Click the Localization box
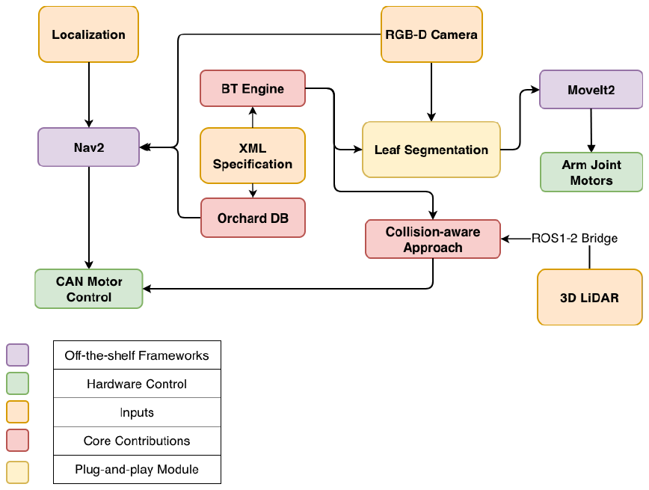pos(88,34)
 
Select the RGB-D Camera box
pos(431,34)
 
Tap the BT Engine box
pos(253,88)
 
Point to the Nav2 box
pos(88,147)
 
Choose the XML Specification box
pos(253,156)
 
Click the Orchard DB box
pos(253,218)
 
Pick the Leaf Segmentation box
pos(431,150)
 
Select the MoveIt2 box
pos(591,90)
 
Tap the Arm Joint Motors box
pos(591,172)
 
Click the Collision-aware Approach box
pos(433,239)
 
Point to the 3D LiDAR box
pos(589,297)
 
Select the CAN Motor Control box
pos(88,289)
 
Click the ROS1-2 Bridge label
pos(574,238)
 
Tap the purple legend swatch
pos(17,355)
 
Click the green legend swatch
pos(17,383)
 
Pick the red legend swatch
pos(17,440)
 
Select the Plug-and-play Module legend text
pos(137,469)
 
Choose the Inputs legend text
pos(137,412)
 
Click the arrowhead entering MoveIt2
pos(535,90)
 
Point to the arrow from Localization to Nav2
pos(88,95)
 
